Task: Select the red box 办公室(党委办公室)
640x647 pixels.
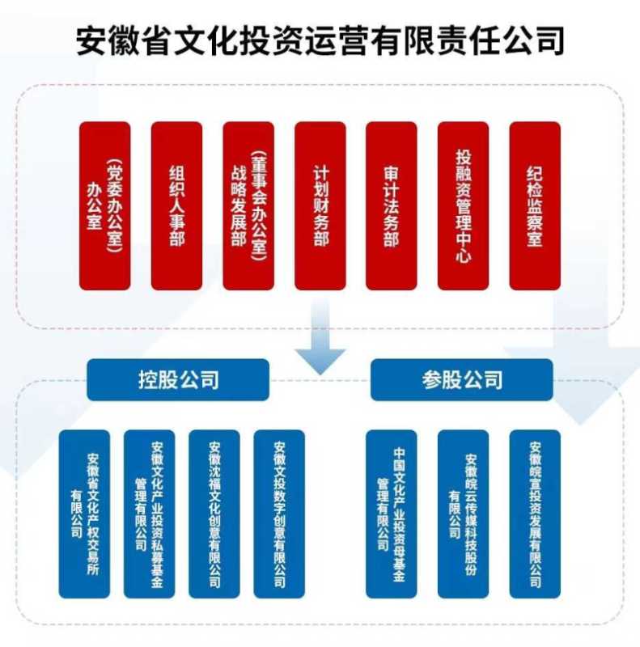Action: click(105, 205)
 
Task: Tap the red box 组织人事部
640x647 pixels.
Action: click(176, 205)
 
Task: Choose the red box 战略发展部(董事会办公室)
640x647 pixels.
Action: click(248, 205)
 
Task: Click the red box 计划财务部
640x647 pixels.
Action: click(320, 205)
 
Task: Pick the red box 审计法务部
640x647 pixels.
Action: click(392, 205)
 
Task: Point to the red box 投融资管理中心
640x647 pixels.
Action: click(464, 205)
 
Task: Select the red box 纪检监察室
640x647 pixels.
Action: click(535, 205)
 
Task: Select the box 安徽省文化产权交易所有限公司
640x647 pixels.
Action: click(84, 514)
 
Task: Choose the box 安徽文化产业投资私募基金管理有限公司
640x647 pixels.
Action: click(149, 514)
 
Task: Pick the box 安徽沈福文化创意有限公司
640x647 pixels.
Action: click(214, 514)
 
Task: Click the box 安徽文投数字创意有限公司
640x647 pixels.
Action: click(279, 514)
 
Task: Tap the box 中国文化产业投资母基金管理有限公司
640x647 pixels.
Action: click(392, 514)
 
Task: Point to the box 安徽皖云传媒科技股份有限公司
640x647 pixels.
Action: click(464, 514)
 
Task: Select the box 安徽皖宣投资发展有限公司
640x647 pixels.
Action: click(535, 514)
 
